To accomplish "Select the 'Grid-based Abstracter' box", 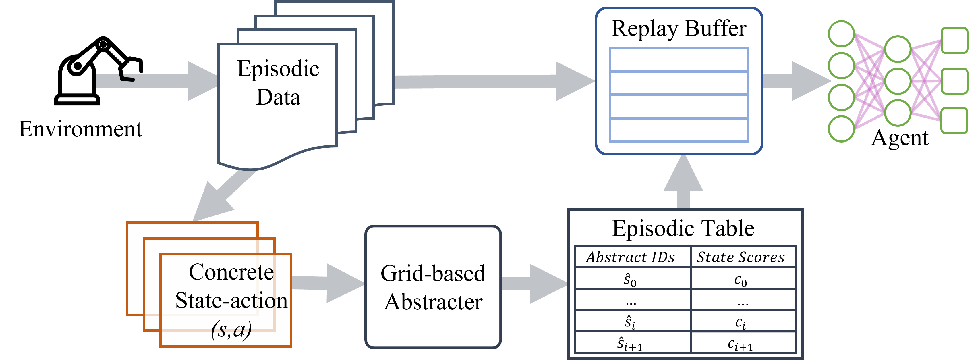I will point(433,287).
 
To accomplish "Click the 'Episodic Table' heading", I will point(683,228).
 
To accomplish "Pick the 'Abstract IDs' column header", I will point(630,257).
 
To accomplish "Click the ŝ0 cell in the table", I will point(630,280).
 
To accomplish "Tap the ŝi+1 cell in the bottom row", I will point(630,344).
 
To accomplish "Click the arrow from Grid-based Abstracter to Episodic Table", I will point(535,284).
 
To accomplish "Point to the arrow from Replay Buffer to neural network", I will point(797,81).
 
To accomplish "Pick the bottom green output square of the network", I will point(954,121).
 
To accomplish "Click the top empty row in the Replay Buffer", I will point(679,60).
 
